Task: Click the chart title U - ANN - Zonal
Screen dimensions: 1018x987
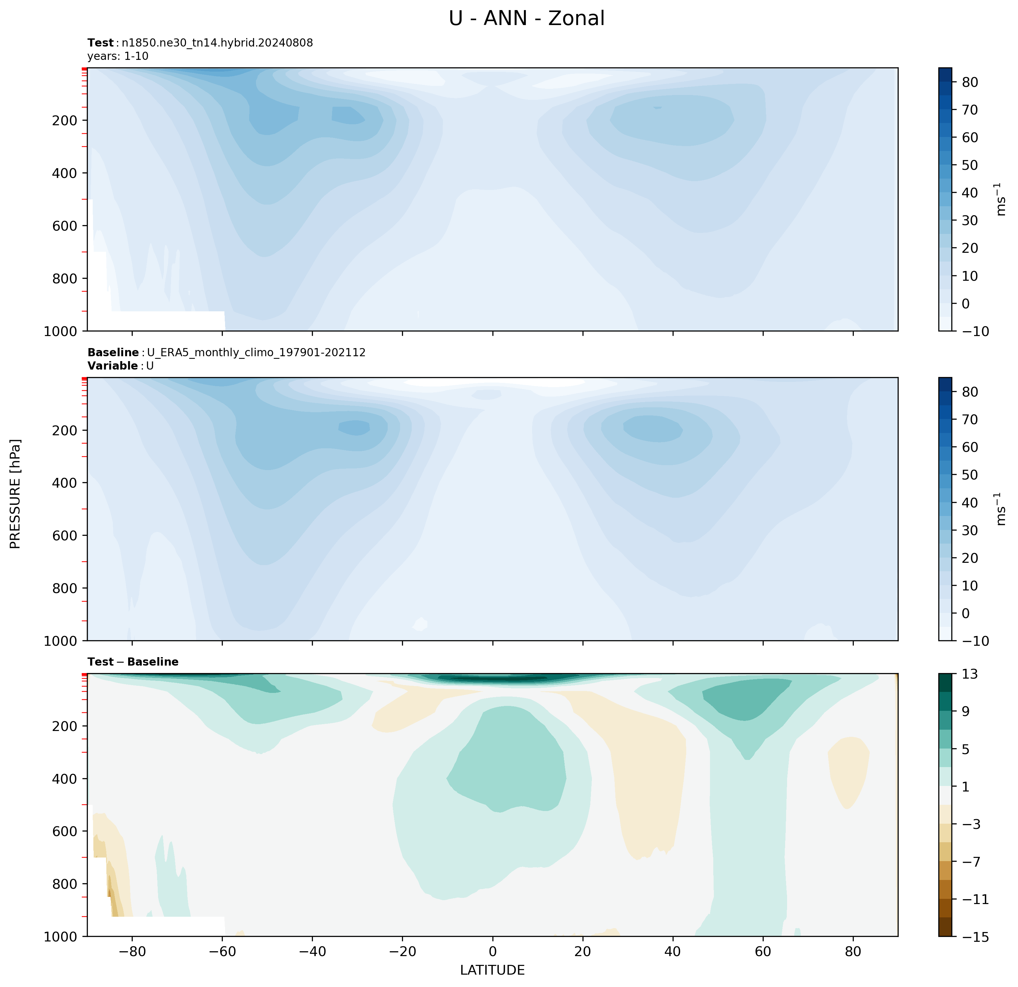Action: coord(526,19)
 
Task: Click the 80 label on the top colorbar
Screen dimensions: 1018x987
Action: coord(970,82)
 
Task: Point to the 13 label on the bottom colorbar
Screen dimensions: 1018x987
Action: coord(969,674)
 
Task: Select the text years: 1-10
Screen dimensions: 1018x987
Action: coord(118,56)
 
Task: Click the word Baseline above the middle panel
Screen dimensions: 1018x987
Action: coord(113,353)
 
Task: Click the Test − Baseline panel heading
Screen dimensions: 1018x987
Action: coord(133,662)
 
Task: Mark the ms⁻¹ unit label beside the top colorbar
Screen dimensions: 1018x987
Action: coord(1000,199)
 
